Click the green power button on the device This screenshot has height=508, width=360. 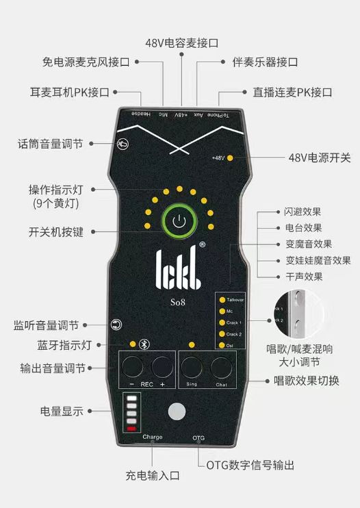coord(179,221)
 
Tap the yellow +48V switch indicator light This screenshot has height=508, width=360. coord(230,158)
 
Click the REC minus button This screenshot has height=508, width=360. coord(133,368)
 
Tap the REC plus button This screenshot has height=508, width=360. coord(163,368)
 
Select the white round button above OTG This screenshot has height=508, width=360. coord(178,411)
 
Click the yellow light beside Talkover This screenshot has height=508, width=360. coord(222,299)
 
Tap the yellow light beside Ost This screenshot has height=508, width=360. coord(222,345)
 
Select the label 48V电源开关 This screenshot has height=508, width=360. coord(319,158)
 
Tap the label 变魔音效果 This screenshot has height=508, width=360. coord(308,244)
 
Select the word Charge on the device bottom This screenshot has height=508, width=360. coord(153,437)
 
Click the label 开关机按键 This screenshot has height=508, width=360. coord(56,231)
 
